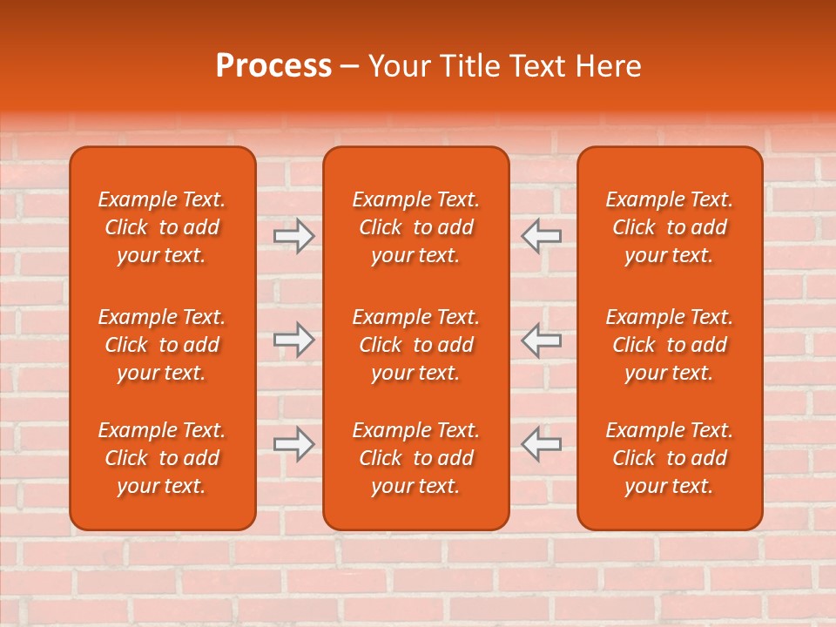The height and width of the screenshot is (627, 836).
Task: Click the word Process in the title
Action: click(273, 66)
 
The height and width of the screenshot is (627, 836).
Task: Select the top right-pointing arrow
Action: click(294, 236)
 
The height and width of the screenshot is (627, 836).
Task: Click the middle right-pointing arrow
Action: click(294, 340)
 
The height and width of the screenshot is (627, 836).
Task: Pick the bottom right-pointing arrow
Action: click(294, 444)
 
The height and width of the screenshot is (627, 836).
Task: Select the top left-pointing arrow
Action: click(542, 236)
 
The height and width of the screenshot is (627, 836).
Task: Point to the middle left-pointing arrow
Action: click(542, 340)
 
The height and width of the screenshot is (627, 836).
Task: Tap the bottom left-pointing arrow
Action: click(542, 444)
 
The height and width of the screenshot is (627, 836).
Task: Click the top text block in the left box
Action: click(162, 227)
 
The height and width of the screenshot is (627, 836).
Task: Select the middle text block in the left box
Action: click(162, 345)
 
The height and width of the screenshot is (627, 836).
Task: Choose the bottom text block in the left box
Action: click(162, 458)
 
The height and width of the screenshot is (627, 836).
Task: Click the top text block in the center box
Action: click(415, 227)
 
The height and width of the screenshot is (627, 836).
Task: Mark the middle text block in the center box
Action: click(415, 345)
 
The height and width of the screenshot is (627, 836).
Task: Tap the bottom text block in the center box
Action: click(415, 458)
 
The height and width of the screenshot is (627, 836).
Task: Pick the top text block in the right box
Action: click(670, 227)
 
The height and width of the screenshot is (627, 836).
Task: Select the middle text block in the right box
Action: click(670, 345)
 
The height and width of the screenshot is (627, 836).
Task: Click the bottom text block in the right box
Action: click(670, 458)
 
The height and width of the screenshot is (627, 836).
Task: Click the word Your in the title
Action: click(399, 66)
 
